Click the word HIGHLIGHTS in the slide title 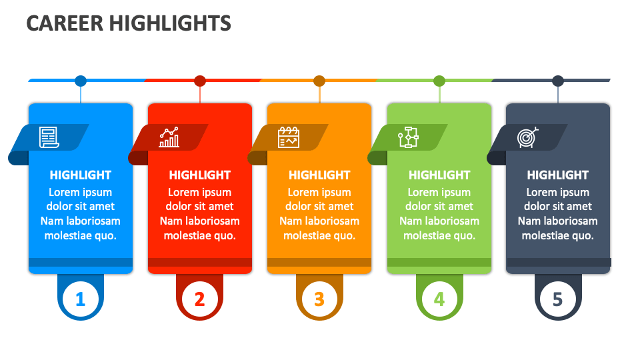(170, 23)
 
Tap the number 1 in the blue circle (80, 299)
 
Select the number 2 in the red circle (200, 299)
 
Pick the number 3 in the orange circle (319, 299)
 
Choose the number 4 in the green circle (439, 299)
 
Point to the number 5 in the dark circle (558, 299)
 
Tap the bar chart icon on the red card (169, 137)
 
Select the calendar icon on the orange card (289, 137)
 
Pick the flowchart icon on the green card (408, 137)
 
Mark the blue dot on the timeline (81, 81)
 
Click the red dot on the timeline (200, 81)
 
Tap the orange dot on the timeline (319, 81)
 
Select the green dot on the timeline (439, 81)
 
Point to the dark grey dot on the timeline (558, 81)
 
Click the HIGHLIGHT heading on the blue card (80, 175)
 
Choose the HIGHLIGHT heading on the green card (439, 175)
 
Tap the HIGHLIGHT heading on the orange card (319, 175)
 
